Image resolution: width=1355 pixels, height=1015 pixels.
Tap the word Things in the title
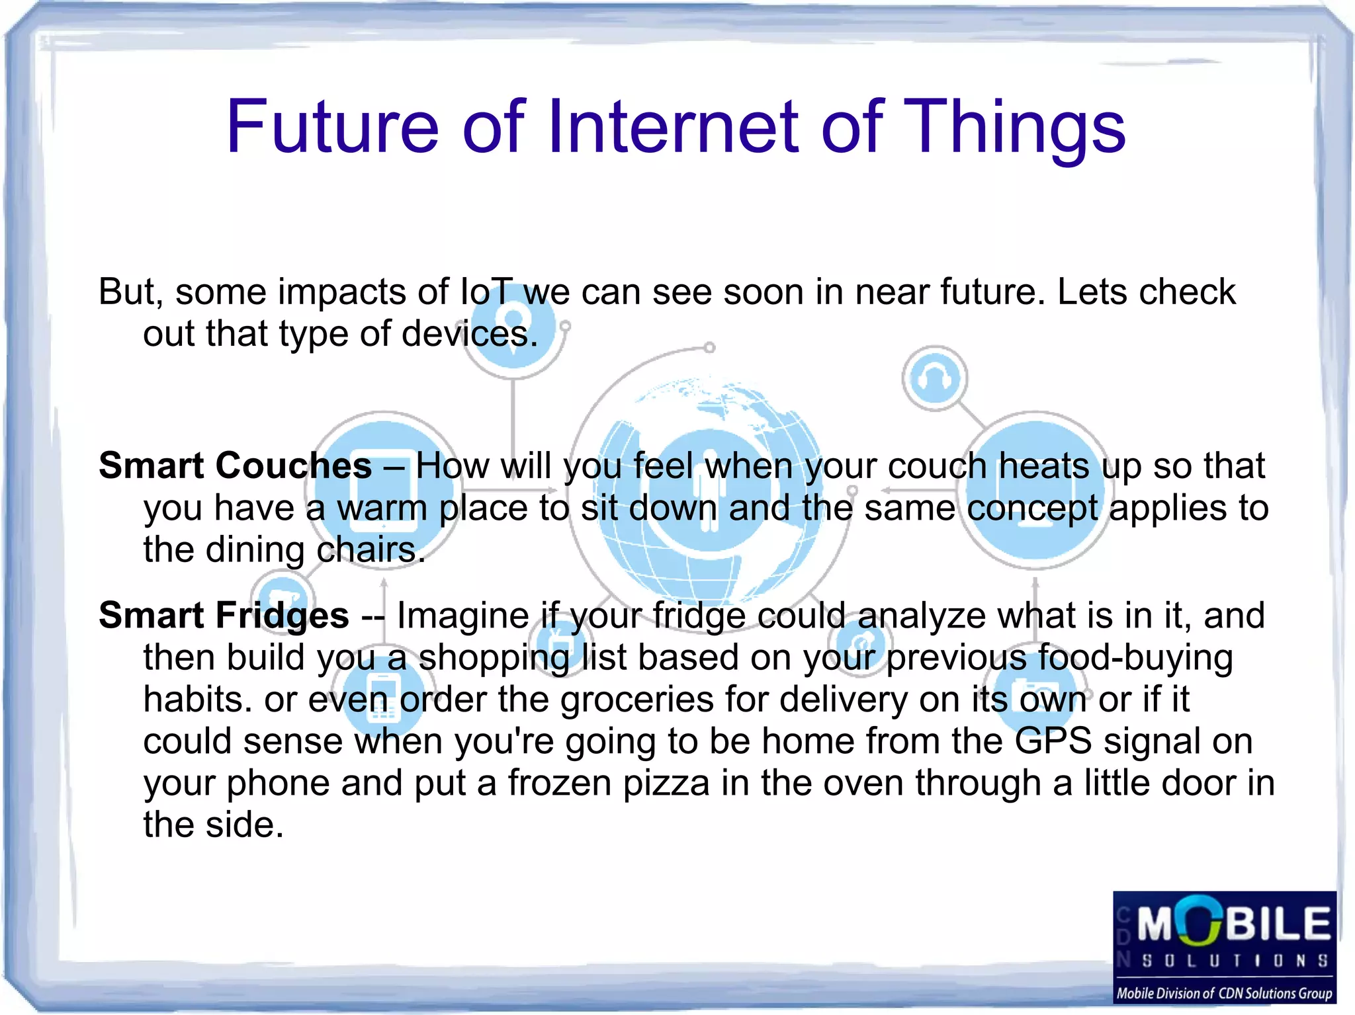(x=1013, y=127)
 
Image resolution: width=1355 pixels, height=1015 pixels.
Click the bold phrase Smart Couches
(x=235, y=466)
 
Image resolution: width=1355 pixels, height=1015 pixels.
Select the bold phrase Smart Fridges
(x=224, y=616)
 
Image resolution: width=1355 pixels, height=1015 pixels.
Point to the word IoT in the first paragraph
(x=486, y=292)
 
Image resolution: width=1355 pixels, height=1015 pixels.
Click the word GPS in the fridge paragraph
(x=1053, y=741)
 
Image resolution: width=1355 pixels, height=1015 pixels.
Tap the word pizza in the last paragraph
(x=666, y=784)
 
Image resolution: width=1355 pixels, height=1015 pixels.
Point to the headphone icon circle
(x=934, y=379)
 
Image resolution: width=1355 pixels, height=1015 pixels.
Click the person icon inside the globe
(x=709, y=489)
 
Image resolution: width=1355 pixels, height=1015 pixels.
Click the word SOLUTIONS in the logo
(x=1234, y=961)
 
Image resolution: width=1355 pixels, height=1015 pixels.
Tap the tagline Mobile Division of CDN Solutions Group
(x=1224, y=993)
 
